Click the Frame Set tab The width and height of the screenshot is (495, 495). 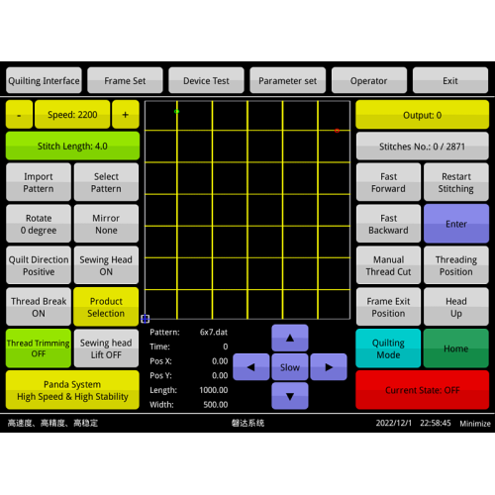125,80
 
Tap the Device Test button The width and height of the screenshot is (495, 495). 206,80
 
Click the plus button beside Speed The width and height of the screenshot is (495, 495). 126,114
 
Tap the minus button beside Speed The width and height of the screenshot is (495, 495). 19,114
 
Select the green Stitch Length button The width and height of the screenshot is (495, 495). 72,146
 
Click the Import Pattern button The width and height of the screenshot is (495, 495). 39,182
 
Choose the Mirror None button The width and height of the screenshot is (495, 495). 106,224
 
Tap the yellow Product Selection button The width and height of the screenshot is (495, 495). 106,307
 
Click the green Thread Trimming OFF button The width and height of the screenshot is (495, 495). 39,348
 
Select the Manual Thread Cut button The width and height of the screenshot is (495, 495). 388,265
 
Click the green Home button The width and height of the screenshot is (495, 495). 456,348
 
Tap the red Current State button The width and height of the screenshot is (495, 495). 423,390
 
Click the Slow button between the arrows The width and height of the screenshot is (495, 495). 290,367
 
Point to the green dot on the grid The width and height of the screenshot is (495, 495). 177,112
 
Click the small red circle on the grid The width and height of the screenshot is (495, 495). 337,131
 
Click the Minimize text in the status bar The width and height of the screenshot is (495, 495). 475,424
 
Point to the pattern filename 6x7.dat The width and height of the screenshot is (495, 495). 214,332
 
